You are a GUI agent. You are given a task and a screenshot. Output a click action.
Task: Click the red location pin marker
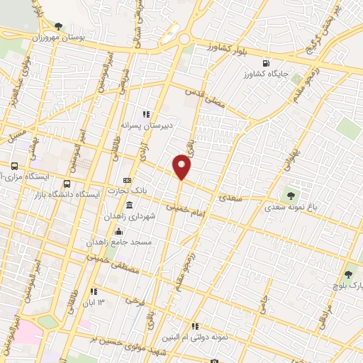click(182, 167)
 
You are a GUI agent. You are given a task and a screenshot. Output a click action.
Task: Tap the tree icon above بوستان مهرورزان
click(67, 26)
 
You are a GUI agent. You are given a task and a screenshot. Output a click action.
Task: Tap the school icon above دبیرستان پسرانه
click(147, 114)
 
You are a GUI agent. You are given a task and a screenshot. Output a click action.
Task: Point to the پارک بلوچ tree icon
click(348, 274)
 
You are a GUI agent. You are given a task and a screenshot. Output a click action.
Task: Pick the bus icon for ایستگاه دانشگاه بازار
click(67, 184)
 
